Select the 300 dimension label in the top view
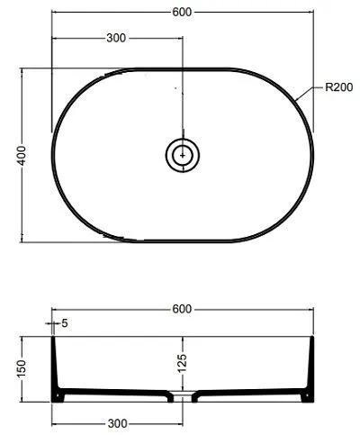click(116, 39)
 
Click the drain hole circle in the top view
click(183, 155)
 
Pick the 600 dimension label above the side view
click(182, 309)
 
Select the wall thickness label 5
click(66, 322)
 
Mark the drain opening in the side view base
click(183, 395)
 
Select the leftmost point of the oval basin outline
click(52, 155)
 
